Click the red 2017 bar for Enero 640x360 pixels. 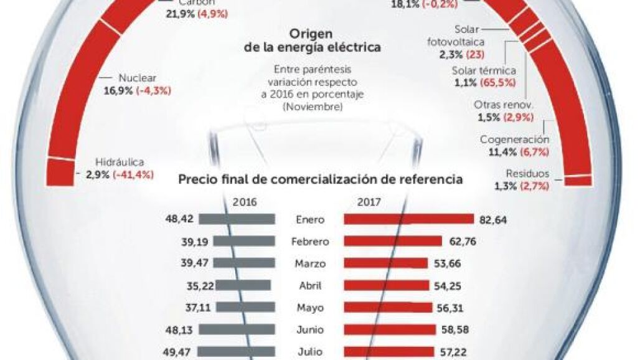point(408,219)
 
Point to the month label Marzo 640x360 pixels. point(309,263)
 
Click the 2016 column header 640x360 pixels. point(243,202)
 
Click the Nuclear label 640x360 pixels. point(137,79)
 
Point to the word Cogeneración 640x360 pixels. point(514,140)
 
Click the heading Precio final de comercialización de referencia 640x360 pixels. point(320,180)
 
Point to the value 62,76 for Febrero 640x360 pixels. point(461,241)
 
